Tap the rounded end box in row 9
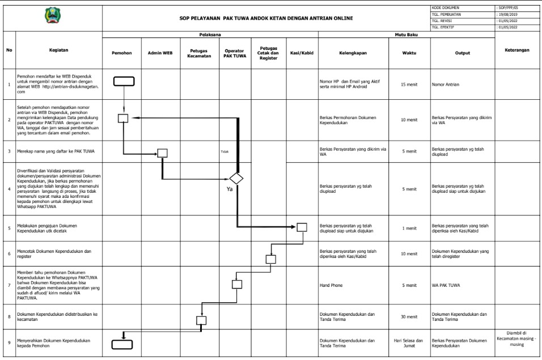[x=122, y=344]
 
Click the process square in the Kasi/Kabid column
[x=302, y=227]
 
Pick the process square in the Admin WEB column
[x=162, y=153]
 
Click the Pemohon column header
[x=122, y=53]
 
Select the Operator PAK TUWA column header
[x=235, y=53]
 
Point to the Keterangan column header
[x=517, y=50]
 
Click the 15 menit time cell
[x=409, y=84]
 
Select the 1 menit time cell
[x=409, y=228]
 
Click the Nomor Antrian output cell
[x=446, y=84]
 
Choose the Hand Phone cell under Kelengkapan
[x=333, y=285]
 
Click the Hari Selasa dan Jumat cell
[x=409, y=343]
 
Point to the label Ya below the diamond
[x=230, y=189]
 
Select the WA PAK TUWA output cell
[x=448, y=285]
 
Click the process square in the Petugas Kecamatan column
[x=201, y=320]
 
